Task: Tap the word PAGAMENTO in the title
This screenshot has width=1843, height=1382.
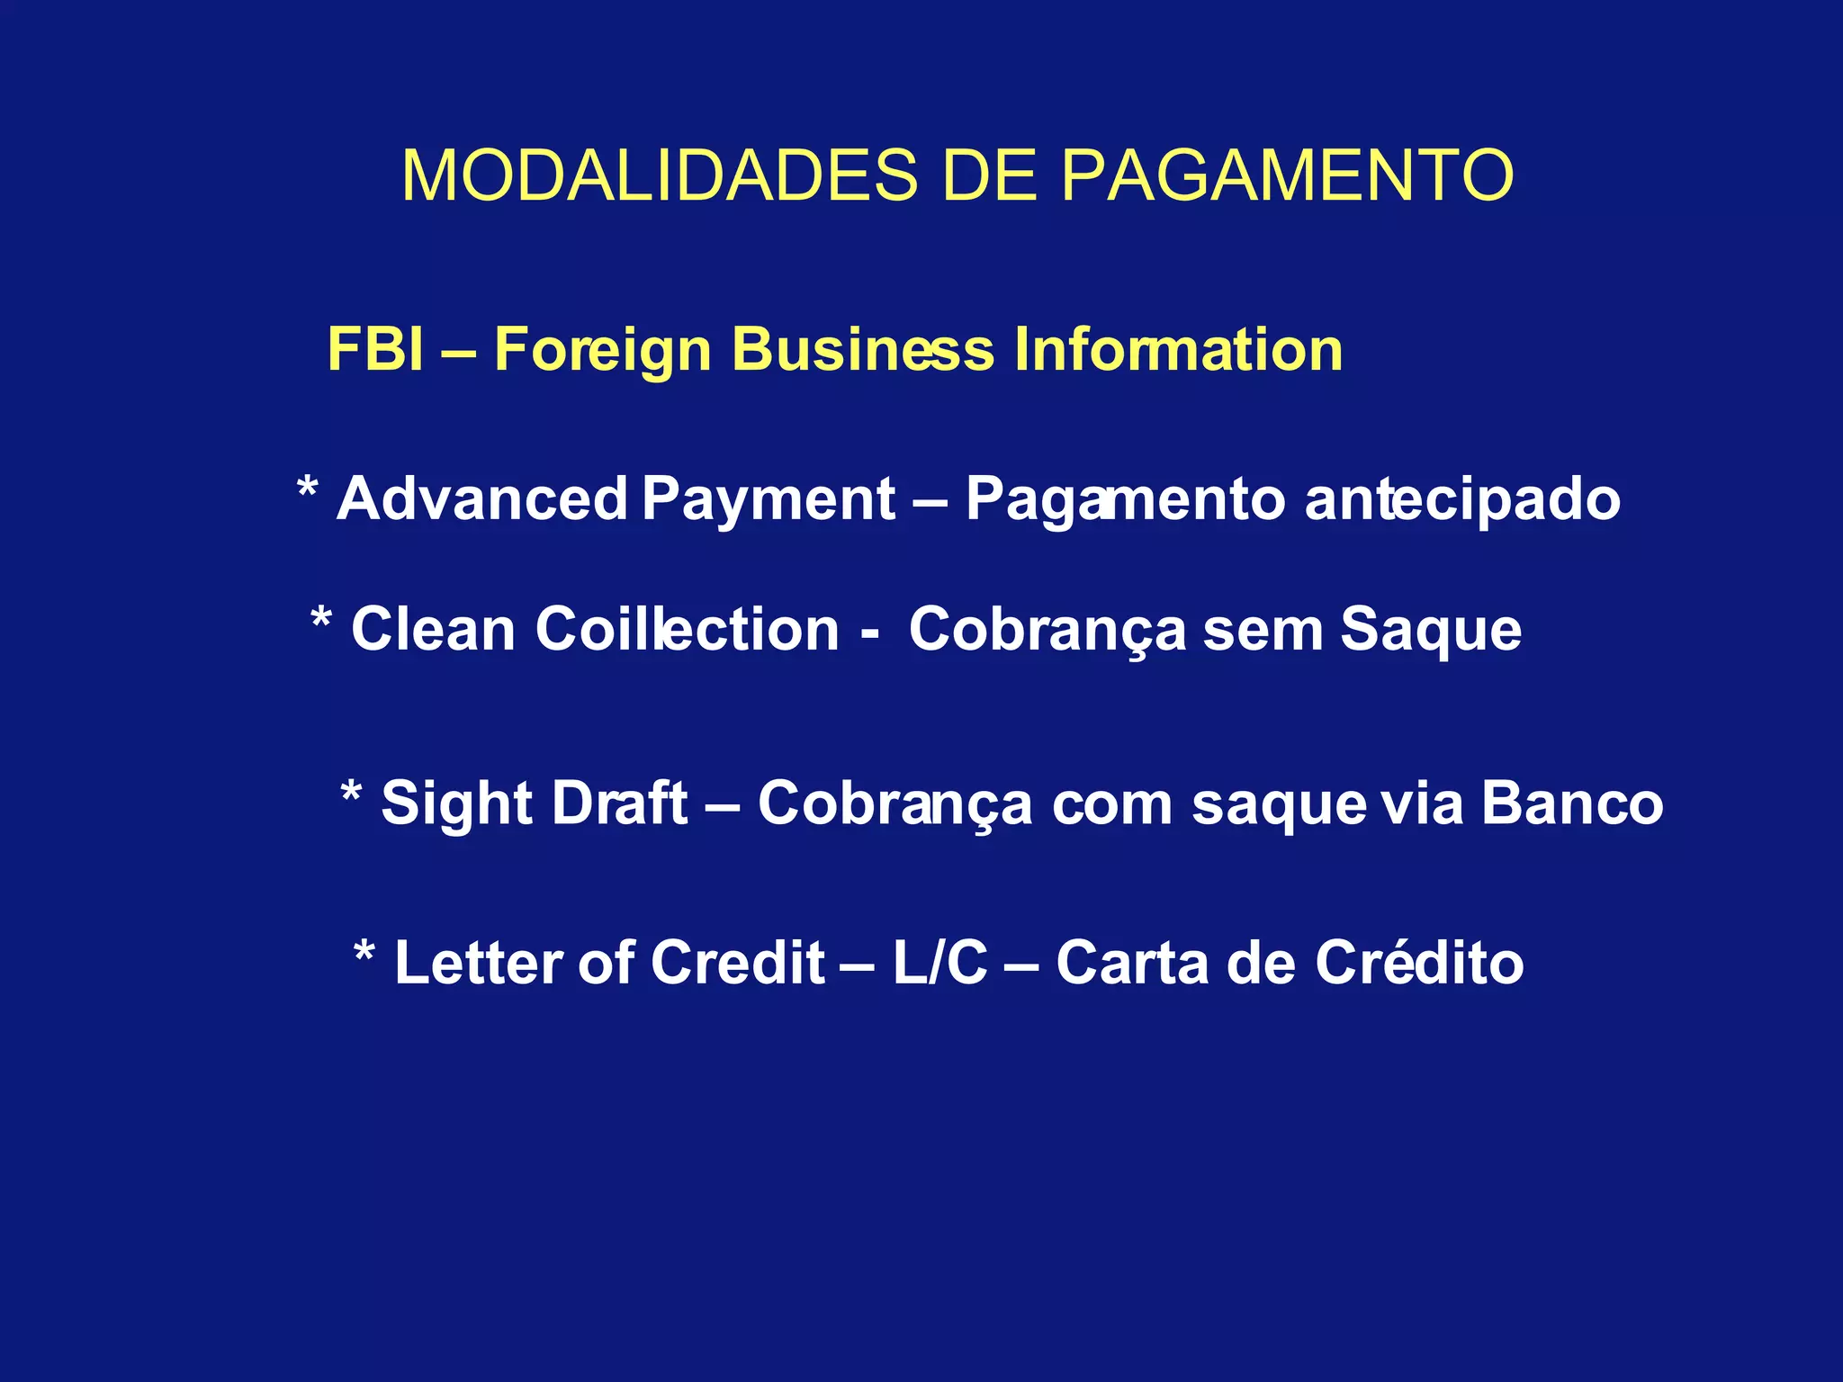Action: pos(1287,175)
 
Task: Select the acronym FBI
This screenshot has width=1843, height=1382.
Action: pos(375,349)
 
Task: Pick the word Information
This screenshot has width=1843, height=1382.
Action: pos(1178,349)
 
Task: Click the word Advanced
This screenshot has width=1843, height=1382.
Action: pos(481,499)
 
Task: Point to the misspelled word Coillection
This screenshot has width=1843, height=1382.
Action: pos(688,629)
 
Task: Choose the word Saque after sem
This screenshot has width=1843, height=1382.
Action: pos(1431,631)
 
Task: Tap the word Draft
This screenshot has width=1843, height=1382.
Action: pos(619,803)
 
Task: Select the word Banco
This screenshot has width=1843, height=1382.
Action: pos(1572,803)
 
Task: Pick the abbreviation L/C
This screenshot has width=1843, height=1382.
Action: pos(939,963)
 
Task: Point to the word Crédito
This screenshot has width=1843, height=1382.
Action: pos(1419,962)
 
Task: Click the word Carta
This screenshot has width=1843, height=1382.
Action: pos(1132,963)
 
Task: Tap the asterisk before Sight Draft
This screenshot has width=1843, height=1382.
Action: pos(351,794)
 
